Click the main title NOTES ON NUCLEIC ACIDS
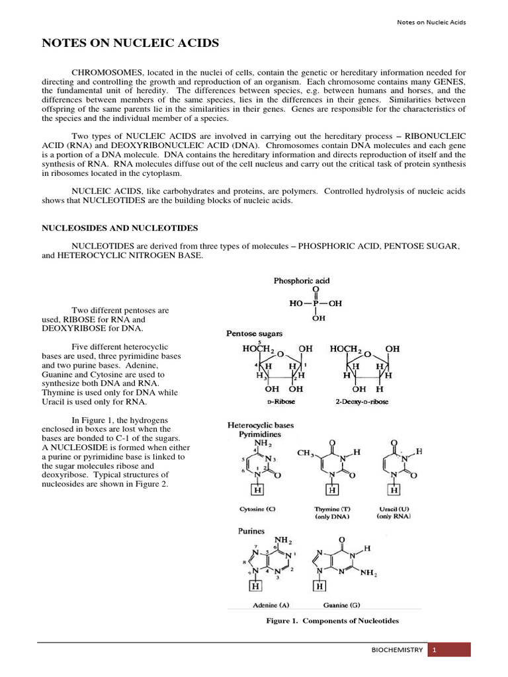(130, 44)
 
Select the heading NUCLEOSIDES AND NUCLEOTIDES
(120, 227)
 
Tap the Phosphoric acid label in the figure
(302, 281)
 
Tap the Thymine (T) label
(333, 510)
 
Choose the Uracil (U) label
(394, 510)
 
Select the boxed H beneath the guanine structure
(320, 586)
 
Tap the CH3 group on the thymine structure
(305, 454)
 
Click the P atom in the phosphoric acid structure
(316, 303)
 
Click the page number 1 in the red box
(435, 650)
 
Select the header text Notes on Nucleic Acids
(431, 22)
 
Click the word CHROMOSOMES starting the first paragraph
(107, 72)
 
